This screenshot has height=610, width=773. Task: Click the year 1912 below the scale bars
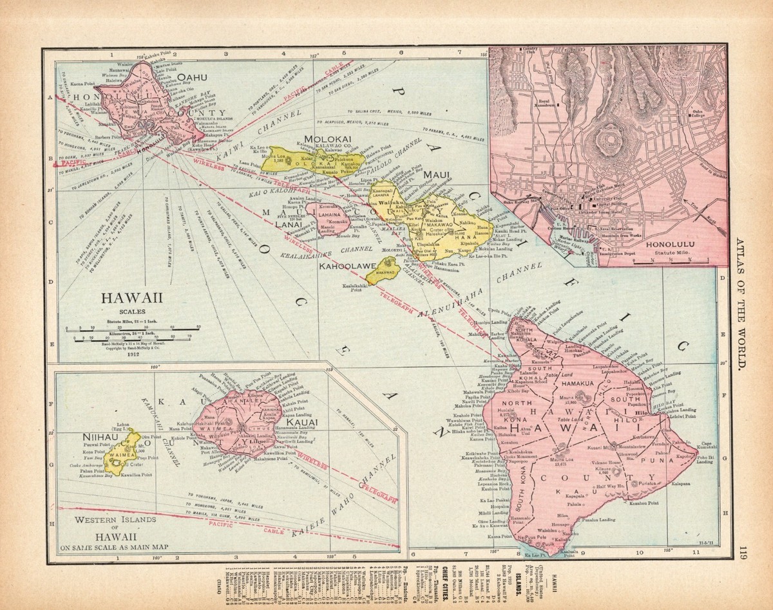[x=133, y=353]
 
